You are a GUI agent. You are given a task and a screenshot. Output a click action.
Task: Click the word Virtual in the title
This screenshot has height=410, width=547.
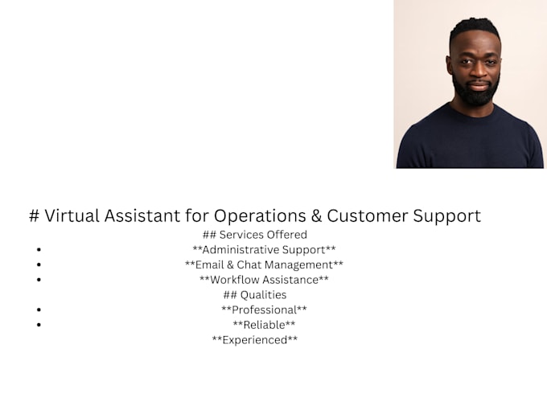click(72, 215)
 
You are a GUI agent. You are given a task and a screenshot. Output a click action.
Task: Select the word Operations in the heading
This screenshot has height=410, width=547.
click(260, 216)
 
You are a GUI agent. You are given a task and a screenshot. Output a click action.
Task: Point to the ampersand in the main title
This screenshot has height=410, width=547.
click(316, 215)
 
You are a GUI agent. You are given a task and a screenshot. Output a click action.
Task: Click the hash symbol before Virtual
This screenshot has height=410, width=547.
click(34, 215)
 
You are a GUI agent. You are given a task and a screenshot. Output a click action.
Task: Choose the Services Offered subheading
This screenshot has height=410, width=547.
click(255, 235)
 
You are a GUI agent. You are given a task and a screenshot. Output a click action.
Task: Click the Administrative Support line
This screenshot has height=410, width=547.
click(264, 250)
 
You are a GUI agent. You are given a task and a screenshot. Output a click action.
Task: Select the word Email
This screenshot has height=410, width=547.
click(209, 264)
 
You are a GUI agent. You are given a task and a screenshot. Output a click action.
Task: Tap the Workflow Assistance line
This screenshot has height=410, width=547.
click(264, 280)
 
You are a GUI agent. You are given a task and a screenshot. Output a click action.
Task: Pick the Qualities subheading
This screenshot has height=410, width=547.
click(255, 295)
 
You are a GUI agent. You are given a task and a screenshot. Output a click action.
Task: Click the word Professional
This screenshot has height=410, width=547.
click(264, 310)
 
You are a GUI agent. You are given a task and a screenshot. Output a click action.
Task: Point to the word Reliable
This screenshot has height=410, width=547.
click(264, 325)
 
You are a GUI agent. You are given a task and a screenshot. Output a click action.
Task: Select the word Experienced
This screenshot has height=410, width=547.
click(255, 339)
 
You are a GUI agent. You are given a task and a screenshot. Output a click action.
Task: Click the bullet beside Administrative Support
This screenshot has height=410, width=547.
click(39, 250)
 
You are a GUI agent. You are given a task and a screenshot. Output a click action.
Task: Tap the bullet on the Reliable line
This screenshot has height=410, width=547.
click(39, 325)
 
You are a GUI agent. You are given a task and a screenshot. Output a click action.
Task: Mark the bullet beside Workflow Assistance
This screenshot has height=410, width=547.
click(39, 280)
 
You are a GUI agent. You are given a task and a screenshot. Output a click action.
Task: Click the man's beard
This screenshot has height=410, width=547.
click(475, 93)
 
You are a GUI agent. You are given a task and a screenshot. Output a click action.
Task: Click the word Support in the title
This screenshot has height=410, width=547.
click(447, 216)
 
